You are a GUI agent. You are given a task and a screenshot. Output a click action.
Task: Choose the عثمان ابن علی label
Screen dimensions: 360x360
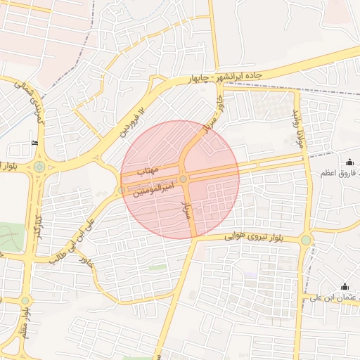pos(333,297)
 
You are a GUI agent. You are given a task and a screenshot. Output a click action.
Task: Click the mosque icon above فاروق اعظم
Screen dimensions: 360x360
pos(349,162)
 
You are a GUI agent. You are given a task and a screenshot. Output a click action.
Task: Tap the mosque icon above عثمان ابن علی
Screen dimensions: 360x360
pos(345,286)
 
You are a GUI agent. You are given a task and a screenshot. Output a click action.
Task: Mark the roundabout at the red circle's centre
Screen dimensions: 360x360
pos(184,180)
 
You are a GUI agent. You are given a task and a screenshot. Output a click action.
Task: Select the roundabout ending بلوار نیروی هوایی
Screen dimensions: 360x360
pos(306,240)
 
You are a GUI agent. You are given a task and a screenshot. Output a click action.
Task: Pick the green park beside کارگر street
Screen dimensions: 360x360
pos(10,236)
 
